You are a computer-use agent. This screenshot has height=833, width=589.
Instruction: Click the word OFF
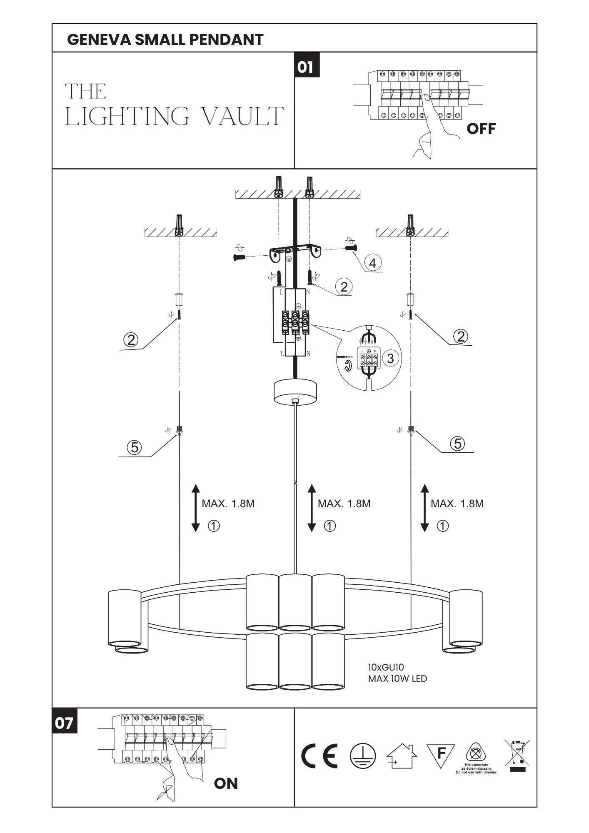point(481,129)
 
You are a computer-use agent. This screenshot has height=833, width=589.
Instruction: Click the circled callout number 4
point(372,263)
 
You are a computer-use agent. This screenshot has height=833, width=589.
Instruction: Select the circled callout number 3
point(390,358)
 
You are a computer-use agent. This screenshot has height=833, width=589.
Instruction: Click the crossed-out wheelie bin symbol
point(517,755)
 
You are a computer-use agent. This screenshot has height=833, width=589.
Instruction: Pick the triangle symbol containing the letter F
point(441,756)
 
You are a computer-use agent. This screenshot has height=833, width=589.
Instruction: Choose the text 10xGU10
point(386,667)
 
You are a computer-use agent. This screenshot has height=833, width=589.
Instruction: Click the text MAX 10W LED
point(397,678)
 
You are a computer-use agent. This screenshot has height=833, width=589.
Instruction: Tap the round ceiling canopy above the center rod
point(295,392)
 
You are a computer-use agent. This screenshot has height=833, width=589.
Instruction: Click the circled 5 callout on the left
point(135,447)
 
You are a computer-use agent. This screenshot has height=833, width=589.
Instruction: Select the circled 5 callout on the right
point(458,444)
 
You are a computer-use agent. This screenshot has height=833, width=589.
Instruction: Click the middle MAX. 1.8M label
point(344,504)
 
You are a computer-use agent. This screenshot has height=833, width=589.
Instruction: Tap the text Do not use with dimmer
point(477,772)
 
